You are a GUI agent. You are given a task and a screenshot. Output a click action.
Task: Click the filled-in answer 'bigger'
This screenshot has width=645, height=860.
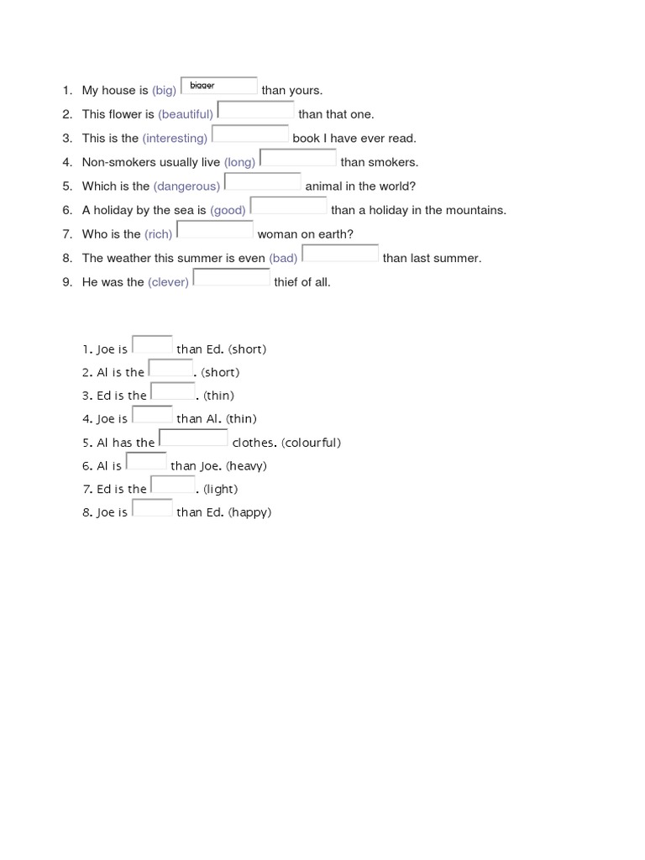[x=202, y=86]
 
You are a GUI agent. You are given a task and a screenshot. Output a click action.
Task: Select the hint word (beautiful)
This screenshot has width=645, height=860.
[x=186, y=114]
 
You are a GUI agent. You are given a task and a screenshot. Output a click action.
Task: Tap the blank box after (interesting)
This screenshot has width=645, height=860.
[x=250, y=134]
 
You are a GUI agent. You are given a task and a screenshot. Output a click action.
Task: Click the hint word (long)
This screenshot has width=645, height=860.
[x=239, y=162]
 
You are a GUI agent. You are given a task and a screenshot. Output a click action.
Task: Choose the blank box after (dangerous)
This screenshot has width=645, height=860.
[x=263, y=182]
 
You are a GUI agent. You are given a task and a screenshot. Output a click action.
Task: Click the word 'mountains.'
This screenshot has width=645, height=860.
[x=478, y=210]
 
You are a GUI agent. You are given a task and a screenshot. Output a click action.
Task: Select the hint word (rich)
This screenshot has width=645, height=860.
[x=158, y=234]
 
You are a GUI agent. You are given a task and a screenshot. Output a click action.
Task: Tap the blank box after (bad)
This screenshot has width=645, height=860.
[x=340, y=254]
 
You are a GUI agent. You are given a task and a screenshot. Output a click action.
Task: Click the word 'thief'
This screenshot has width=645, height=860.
[x=287, y=282]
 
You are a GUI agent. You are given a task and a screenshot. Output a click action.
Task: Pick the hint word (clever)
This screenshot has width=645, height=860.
[x=168, y=282]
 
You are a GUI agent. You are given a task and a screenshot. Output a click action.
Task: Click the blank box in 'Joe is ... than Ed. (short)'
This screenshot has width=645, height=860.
[x=152, y=345]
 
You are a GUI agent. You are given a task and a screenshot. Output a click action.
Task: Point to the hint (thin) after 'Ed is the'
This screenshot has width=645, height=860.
[x=218, y=396]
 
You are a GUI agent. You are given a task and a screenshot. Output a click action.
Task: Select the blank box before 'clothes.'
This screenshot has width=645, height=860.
[x=193, y=438]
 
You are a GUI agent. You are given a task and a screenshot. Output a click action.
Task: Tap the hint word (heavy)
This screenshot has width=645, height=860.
[x=246, y=466]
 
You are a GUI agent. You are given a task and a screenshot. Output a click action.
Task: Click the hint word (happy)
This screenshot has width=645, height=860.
[x=249, y=512]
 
